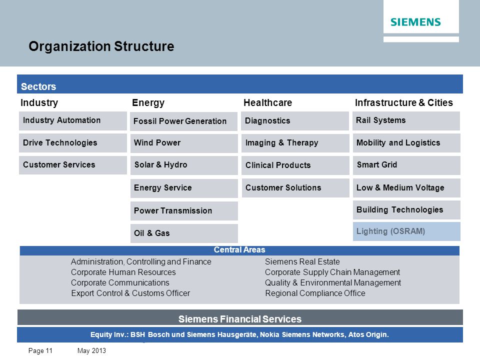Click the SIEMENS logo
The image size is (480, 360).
pyautogui.click(x=415, y=22)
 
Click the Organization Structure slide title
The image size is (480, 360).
pyautogui.click(x=101, y=46)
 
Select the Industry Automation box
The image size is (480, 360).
pyautogui.click(x=73, y=121)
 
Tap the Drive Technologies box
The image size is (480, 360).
pyautogui.click(x=73, y=143)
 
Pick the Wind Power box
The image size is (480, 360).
pyautogui.click(x=184, y=143)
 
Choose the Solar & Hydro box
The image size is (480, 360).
pyautogui.click(x=184, y=165)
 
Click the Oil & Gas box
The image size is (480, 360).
pyautogui.click(x=184, y=233)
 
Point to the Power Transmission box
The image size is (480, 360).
pyautogui.click(x=184, y=211)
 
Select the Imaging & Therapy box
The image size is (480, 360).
pyautogui.click(x=295, y=143)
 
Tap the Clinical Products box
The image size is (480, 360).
pyautogui.click(x=295, y=165)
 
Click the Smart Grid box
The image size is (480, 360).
pyautogui.click(x=406, y=165)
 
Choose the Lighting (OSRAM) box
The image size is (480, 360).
pyautogui.click(x=406, y=231)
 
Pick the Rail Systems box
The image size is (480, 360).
pyautogui.click(x=406, y=121)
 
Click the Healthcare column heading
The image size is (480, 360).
pyautogui.click(x=268, y=103)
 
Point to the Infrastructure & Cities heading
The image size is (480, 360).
pyautogui.click(x=404, y=103)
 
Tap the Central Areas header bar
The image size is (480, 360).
pyautogui.click(x=239, y=250)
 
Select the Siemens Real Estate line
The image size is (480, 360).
pyautogui.click(x=302, y=261)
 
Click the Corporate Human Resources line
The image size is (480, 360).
pyautogui.click(x=123, y=272)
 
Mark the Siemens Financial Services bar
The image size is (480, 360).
pyautogui.click(x=240, y=317)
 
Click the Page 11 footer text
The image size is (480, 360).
pyautogui.click(x=40, y=351)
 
